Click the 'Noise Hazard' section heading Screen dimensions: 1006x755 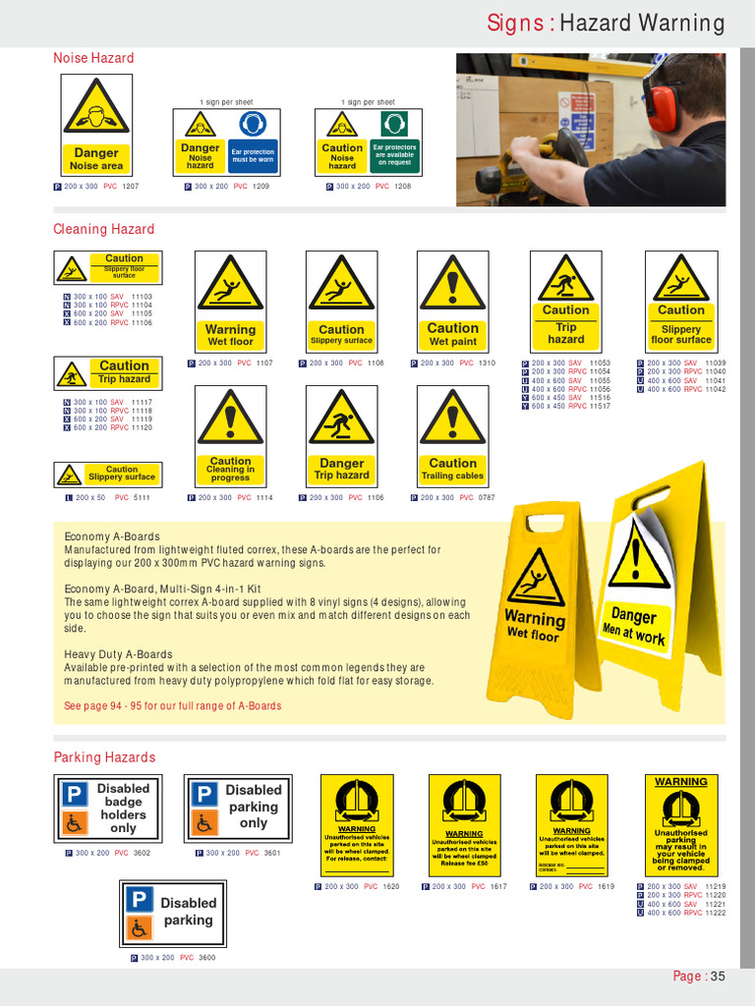[x=93, y=58]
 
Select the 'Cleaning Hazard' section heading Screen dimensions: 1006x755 [x=103, y=229]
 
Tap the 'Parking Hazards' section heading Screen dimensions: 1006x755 [x=104, y=757]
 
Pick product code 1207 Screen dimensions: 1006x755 [x=130, y=186]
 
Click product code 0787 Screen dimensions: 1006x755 [x=487, y=498]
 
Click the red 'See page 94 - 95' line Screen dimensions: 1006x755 [x=172, y=705]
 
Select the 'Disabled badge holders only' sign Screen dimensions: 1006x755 [x=109, y=809]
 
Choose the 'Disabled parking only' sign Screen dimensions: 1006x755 [x=238, y=809]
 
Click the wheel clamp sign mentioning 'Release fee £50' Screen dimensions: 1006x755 [x=465, y=825]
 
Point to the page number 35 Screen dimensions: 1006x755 [x=718, y=976]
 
